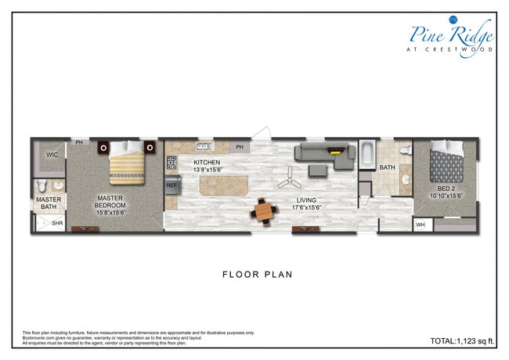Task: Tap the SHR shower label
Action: [x=56, y=223]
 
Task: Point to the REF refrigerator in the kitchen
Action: [x=171, y=185]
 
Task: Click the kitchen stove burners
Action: [x=171, y=163]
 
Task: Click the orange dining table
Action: [x=265, y=211]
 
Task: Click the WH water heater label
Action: [x=421, y=225]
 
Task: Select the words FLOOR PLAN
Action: [x=257, y=275]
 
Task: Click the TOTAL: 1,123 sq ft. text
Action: [x=464, y=341]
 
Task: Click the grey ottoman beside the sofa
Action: [x=317, y=170]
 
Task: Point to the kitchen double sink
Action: [x=205, y=146]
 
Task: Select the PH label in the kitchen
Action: [x=240, y=146]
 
